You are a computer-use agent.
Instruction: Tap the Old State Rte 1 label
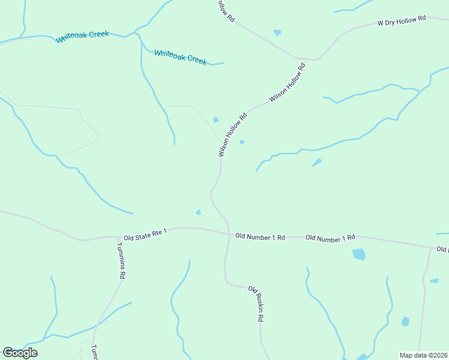click(145, 233)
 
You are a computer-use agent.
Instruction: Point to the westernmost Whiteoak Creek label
click(82, 37)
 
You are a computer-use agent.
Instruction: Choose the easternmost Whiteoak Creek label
click(180, 57)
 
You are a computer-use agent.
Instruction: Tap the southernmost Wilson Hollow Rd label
click(233, 135)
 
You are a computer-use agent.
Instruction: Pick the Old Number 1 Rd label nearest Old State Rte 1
click(260, 237)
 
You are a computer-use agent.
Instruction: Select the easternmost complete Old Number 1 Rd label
click(330, 238)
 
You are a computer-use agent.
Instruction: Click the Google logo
click(20, 353)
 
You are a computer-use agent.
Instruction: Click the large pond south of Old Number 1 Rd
click(358, 254)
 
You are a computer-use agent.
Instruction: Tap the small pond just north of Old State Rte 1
click(199, 212)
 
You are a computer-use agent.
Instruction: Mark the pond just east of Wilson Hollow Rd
click(242, 142)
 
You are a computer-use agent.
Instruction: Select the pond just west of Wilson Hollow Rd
click(215, 120)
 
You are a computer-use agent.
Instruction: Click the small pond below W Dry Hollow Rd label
click(277, 32)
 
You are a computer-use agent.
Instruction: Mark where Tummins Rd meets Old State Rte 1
click(117, 237)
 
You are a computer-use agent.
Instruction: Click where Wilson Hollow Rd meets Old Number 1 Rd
click(229, 234)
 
